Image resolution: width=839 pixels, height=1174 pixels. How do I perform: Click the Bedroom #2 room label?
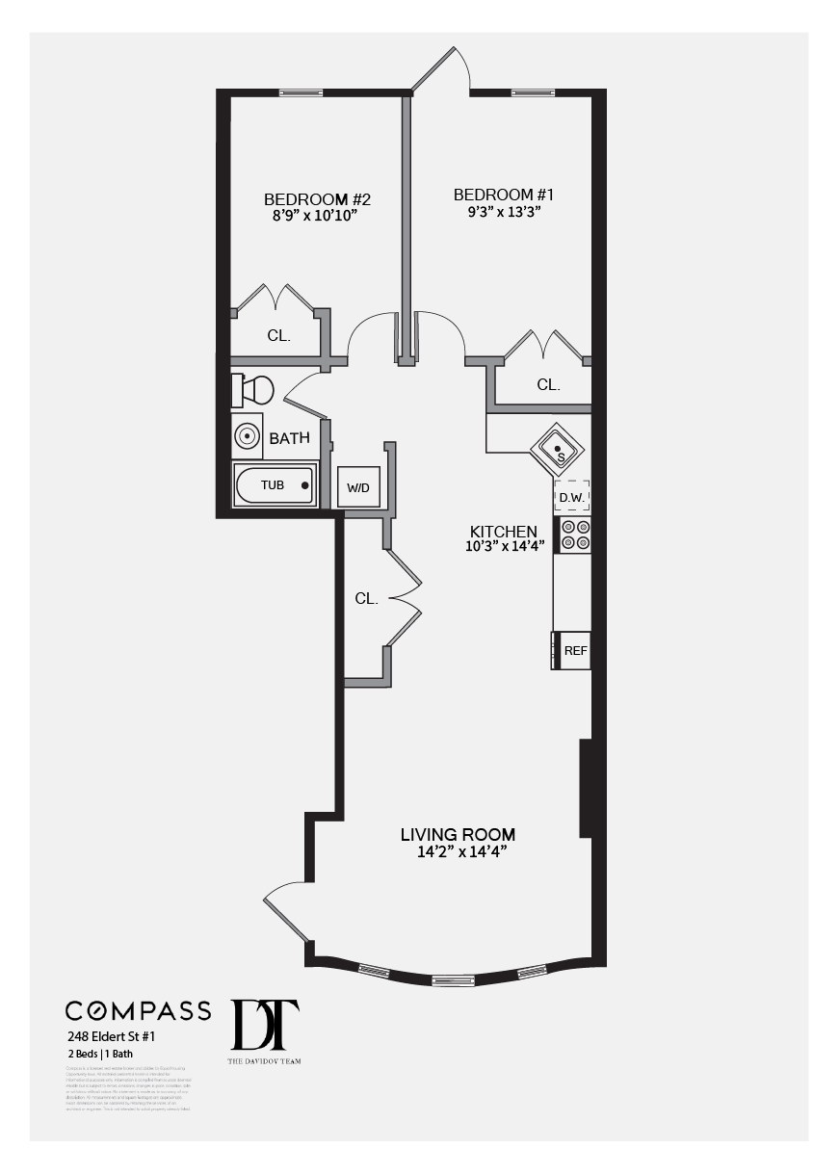(317, 199)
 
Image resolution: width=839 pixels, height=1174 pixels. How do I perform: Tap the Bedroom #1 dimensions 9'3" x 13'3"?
(503, 212)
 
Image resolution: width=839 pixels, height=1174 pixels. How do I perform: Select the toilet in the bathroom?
(253, 390)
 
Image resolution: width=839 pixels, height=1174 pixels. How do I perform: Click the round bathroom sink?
(248, 436)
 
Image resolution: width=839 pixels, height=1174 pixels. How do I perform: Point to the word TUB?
(273, 485)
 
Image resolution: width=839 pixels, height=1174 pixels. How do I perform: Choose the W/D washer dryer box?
(358, 487)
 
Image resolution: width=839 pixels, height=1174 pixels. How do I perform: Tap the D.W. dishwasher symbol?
(571, 497)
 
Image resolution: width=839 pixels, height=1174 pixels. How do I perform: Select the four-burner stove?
(575, 535)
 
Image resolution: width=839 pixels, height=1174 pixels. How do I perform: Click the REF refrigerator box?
(574, 650)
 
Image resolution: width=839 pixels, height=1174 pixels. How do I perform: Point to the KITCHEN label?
(503, 532)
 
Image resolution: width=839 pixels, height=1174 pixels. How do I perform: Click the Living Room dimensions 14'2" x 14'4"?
(458, 851)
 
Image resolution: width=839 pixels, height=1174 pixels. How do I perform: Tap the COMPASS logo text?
(138, 1010)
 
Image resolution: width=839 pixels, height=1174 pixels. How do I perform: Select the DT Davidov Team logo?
(264, 1029)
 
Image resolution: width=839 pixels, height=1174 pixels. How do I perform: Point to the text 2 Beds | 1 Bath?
(100, 1055)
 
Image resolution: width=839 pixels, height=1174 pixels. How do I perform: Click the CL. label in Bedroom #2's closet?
(279, 336)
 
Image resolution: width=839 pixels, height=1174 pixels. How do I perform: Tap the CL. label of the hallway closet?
(366, 598)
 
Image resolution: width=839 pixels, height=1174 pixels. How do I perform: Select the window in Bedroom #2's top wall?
(301, 92)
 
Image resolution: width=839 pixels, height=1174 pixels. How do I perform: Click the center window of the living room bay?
(453, 981)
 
